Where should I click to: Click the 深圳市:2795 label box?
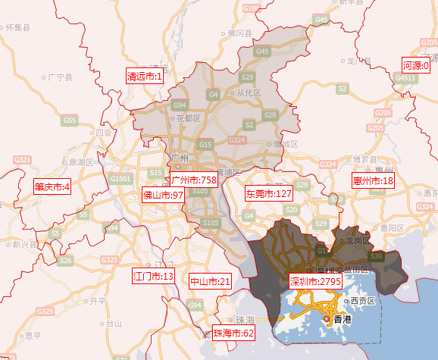click(x=315, y=281)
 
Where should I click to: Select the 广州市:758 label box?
click(x=193, y=180)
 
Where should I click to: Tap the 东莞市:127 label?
click(x=268, y=194)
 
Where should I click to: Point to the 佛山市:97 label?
click(x=164, y=195)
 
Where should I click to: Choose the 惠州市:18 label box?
click(x=373, y=180)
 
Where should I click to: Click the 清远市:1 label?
click(x=145, y=76)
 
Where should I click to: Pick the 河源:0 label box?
click(x=415, y=66)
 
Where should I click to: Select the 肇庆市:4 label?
click(x=52, y=186)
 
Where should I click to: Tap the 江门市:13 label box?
click(x=153, y=275)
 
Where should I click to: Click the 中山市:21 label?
click(x=210, y=281)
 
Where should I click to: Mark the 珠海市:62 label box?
click(x=233, y=333)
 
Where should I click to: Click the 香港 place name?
click(x=343, y=320)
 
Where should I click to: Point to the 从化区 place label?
click(x=249, y=93)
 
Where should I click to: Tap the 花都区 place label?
click(x=187, y=118)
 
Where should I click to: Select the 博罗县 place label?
click(x=366, y=159)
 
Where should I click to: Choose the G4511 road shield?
click(x=408, y=78)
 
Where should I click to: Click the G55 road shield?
click(x=70, y=120)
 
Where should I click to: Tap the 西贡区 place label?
click(x=360, y=301)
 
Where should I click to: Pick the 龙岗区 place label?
click(x=356, y=240)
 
